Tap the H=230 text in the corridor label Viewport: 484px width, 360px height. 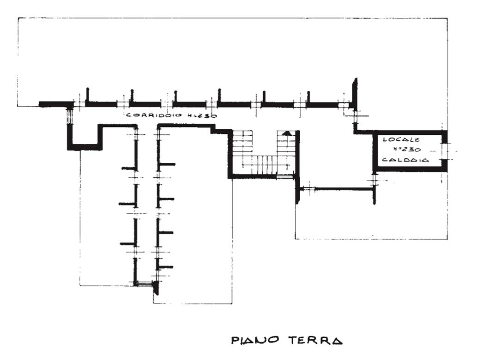tap(201, 116)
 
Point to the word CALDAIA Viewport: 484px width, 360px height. tap(405, 160)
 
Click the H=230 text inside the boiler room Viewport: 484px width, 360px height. tap(407, 150)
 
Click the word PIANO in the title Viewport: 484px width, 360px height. tap(255, 340)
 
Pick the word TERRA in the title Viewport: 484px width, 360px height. tap(315, 340)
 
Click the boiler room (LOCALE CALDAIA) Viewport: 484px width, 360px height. tap(410, 151)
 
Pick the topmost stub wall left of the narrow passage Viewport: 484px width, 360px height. tap(130, 168)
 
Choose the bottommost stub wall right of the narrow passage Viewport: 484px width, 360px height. tap(165, 267)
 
